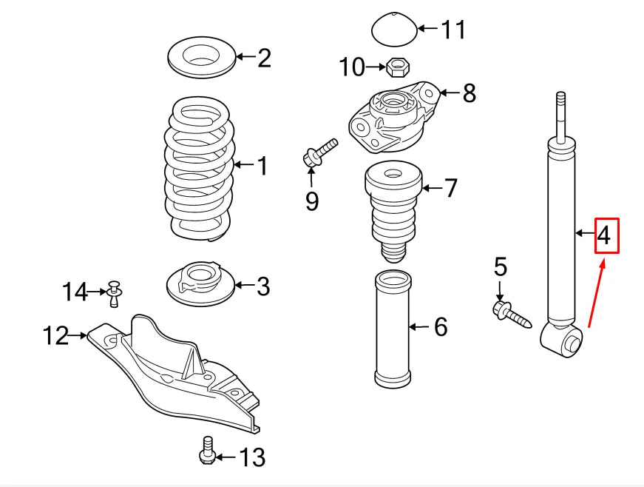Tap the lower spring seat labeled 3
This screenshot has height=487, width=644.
198,284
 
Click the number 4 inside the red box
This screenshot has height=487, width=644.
605,236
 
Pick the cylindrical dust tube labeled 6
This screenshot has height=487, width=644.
392,329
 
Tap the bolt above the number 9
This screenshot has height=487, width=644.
319,152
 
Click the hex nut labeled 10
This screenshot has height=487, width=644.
397,69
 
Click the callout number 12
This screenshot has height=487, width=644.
55,337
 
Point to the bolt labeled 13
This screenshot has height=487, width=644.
207,450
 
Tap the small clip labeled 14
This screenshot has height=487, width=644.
114,293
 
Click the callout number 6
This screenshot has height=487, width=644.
441,326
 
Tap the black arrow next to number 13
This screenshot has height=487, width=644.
227,457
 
